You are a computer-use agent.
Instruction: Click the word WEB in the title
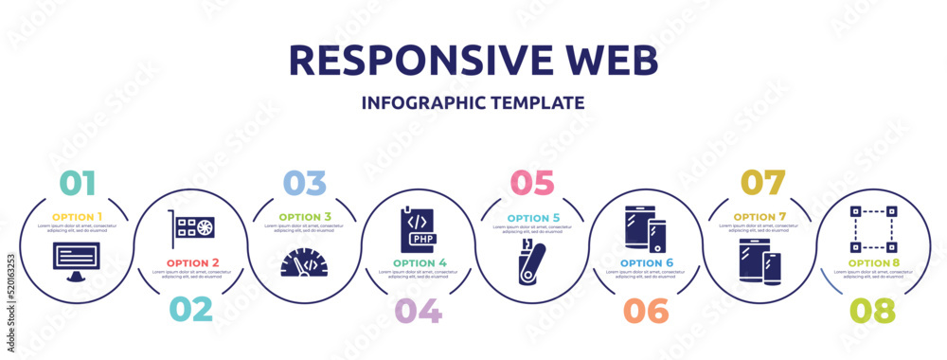click(x=607, y=59)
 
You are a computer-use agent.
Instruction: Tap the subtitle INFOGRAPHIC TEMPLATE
click(x=473, y=102)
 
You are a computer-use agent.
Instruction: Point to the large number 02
click(x=189, y=310)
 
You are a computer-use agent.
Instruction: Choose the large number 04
click(x=418, y=310)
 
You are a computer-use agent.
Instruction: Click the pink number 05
click(x=531, y=182)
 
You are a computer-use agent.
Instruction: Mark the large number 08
click(x=872, y=310)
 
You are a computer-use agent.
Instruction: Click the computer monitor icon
click(x=76, y=260)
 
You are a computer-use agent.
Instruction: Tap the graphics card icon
click(x=190, y=229)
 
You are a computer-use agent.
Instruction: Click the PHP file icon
click(x=418, y=228)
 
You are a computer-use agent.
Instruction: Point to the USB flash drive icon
click(x=531, y=262)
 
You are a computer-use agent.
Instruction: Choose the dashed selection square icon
click(x=872, y=229)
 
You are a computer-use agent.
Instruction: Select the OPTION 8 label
click(x=872, y=261)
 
